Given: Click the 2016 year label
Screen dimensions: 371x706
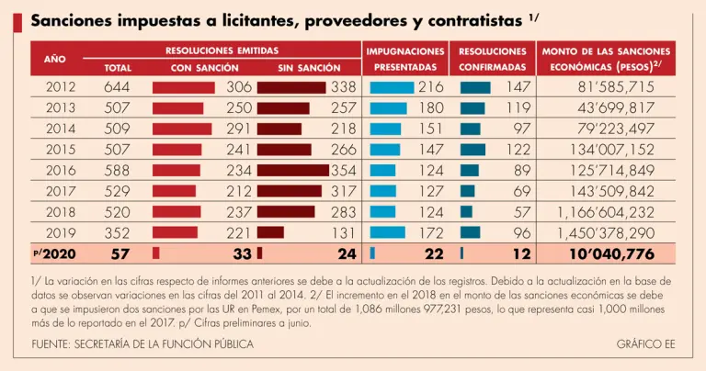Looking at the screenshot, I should coord(61,170).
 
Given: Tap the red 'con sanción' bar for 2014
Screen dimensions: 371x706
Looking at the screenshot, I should coord(182,129).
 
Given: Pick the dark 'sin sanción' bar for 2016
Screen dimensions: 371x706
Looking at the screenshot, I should coord(293,170).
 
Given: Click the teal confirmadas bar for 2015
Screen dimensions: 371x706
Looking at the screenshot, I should coord(473,150).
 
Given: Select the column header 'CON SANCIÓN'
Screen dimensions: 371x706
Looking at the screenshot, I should coord(205,68).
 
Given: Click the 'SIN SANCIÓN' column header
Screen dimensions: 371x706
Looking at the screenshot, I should coord(309,68).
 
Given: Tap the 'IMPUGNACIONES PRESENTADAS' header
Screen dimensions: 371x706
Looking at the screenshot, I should coord(405,59).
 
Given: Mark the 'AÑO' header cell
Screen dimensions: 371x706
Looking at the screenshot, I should coord(55,59).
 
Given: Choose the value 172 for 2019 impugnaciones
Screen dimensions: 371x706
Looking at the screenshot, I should coord(431,232).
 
